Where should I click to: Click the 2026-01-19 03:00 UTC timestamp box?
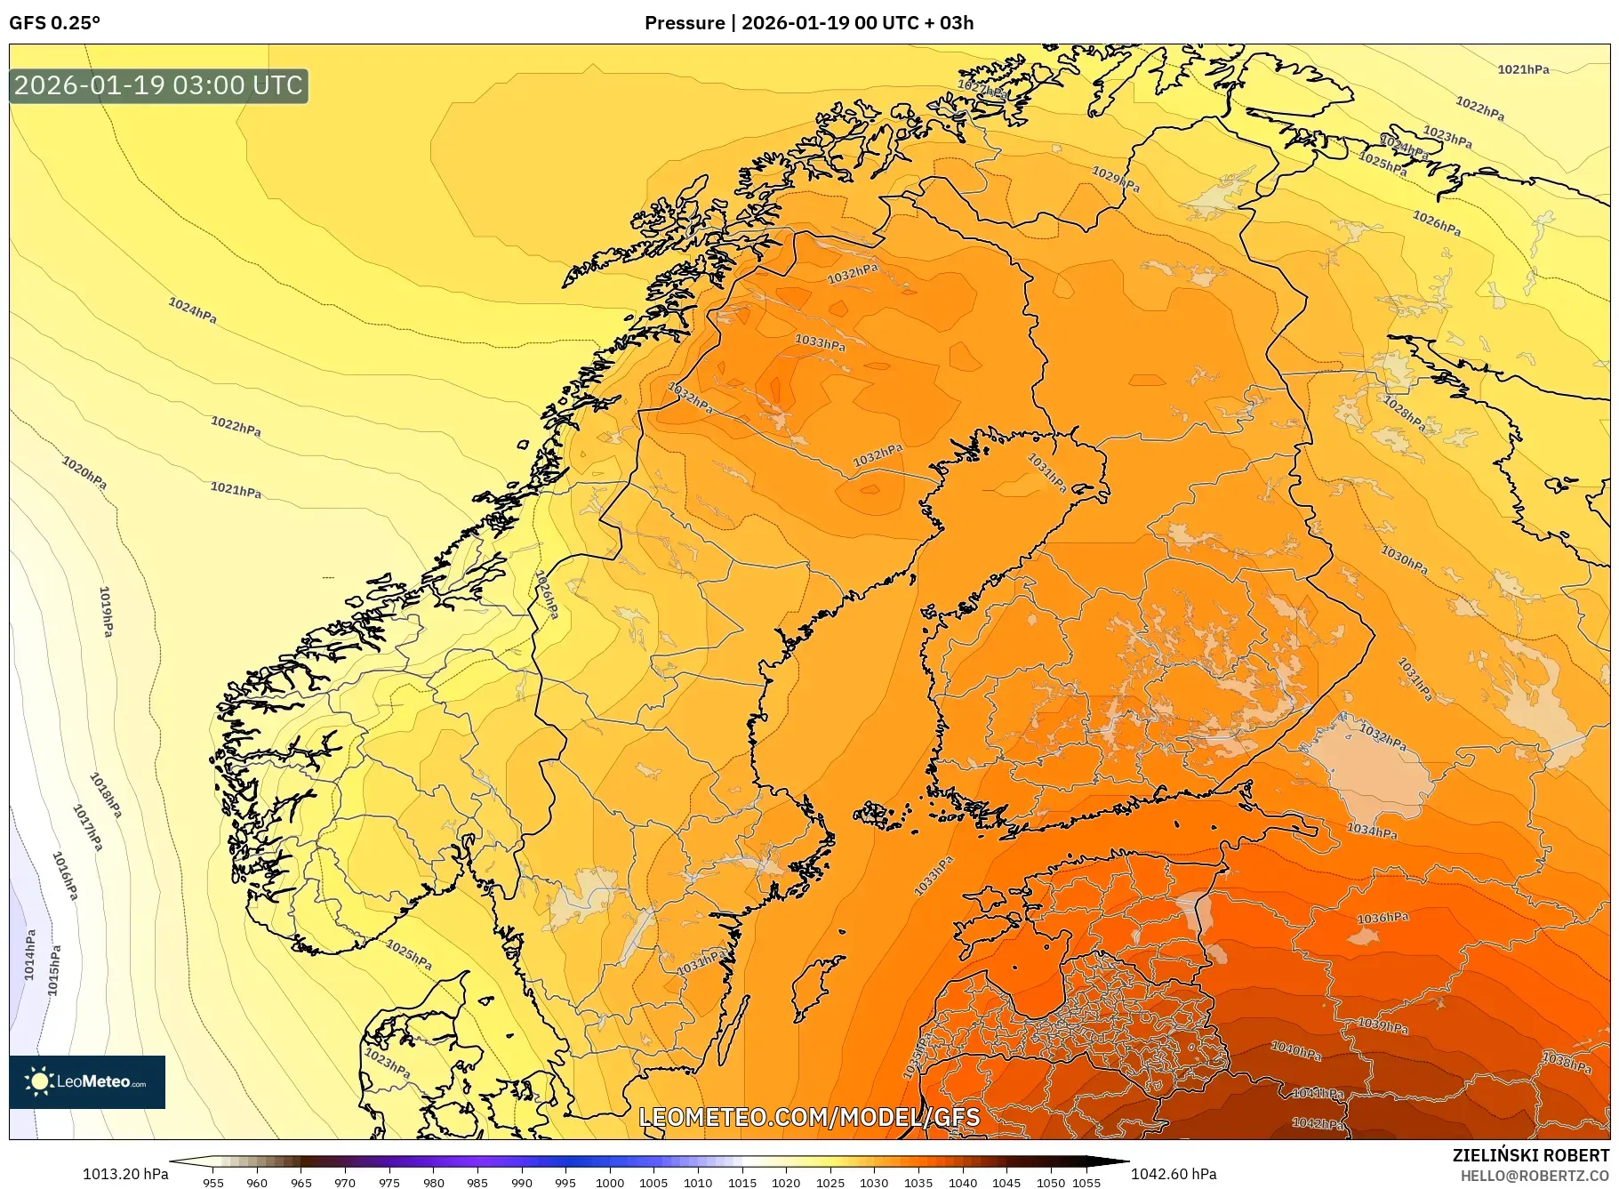(x=158, y=86)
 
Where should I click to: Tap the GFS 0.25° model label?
(x=54, y=23)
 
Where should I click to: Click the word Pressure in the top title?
(x=684, y=23)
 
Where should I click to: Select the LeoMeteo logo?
(x=87, y=1081)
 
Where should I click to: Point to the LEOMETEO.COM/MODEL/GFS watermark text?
(x=809, y=1117)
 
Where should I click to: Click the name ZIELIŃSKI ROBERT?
(x=1530, y=1155)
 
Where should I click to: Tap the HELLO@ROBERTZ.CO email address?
(x=1535, y=1176)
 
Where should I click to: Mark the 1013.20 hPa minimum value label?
(x=125, y=1174)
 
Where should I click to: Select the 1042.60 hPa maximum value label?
(x=1174, y=1174)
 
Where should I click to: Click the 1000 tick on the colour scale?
(x=610, y=1183)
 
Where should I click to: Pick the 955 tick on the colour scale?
(x=213, y=1183)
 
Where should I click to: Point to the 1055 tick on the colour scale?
(x=1086, y=1183)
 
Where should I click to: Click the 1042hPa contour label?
(x=1318, y=1123)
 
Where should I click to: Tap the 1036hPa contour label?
(x=1383, y=918)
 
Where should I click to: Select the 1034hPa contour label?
(x=1371, y=831)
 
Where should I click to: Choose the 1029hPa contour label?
(x=1116, y=180)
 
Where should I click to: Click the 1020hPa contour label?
(x=84, y=472)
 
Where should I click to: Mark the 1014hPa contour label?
(x=30, y=955)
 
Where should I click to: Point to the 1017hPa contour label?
(x=88, y=828)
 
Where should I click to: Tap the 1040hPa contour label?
(x=1296, y=1050)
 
